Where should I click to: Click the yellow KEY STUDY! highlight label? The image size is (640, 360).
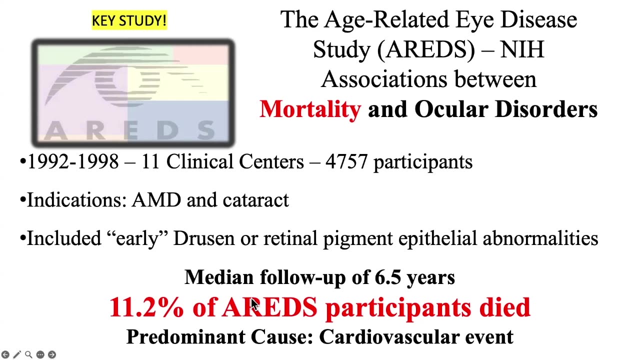pos(129,20)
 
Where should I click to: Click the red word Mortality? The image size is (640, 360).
pos(310,109)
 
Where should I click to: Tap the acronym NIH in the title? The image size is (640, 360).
pos(522,49)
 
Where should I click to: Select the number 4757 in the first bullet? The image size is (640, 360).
pos(346,161)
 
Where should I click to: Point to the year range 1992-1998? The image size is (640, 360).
pos(73,161)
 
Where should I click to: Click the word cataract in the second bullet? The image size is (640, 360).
pos(255,199)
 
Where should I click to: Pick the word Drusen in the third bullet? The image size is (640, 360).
pos(204,238)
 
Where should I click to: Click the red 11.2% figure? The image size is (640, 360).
pos(146,307)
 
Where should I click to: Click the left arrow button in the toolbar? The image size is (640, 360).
pos(5,354)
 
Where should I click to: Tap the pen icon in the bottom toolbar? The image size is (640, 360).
pos(17,354)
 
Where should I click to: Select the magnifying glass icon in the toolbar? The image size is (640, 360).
pos(28,354)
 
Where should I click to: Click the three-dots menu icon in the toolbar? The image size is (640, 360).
pos(40,354)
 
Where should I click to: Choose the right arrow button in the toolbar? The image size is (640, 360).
pos(52,354)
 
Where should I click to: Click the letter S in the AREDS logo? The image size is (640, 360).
pos(206,130)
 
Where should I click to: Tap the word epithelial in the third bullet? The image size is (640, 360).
pos(437,238)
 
